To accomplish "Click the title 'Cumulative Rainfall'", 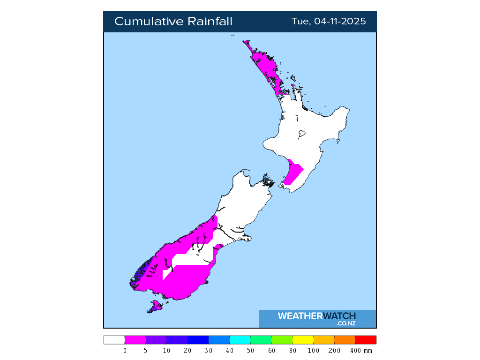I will pyautogui.click(x=173, y=22).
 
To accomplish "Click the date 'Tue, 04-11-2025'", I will pyautogui.click(x=329, y=22).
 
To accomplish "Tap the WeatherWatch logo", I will pyautogui.click(x=317, y=316).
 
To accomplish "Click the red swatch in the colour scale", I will pyautogui.click(x=366, y=340).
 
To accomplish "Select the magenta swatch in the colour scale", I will pyautogui.click(x=135, y=340).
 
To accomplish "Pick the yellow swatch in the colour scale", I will pyautogui.click(x=303, y=340).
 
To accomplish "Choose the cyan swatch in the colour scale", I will pyautogui.click(x=240, y=340).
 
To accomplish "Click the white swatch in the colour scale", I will pyautogui.click(x=114, y=340).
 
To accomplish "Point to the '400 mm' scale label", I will pyautogui.click(x=361, y=351).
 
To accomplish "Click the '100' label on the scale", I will pyautogui.click(x=314, y=351).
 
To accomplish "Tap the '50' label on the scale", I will pyautogui.click(x=250, y=351).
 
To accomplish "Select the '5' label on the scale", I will pyautogui.click(x=146, y=351).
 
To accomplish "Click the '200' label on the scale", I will pyautogui.click(x=335, y=351).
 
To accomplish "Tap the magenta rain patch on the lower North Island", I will pyautogui.click(x=293, y=172).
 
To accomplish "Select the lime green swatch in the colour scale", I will pyautogui.click(x=282, y=340).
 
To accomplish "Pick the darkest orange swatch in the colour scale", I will pyautogui.click(x=345, y=340).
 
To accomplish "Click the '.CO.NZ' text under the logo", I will pyautogui.click(x=346, y=323).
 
